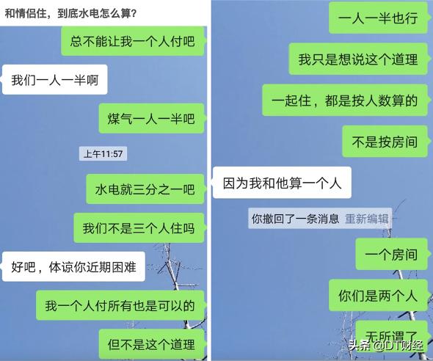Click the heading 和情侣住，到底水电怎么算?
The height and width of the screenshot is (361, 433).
pos(70,13)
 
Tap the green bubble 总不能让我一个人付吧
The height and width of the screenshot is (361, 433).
pos(134,41)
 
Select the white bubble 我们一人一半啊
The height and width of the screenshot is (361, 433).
pos(54,80)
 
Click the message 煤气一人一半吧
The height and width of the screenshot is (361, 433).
pos(152,118)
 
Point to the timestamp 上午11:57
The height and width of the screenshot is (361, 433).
pos(103,154)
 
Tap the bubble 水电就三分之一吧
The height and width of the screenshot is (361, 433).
pos(146,189)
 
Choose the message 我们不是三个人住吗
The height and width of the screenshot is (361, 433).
pos(139,228)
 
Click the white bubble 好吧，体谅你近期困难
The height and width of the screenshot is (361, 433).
pos(73,267)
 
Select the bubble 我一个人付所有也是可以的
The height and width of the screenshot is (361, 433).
pos(121,305)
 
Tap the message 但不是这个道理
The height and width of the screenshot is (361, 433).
pos(152,344)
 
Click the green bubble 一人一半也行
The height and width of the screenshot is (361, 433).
pos(379,18)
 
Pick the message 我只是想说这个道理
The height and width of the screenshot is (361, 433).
pos(359,59)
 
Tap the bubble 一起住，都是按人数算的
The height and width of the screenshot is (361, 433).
pos(346,101)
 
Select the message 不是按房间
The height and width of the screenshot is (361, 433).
pos(386,142)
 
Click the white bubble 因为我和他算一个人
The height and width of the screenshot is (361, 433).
pos(282,183)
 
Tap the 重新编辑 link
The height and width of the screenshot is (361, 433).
pos(367,219)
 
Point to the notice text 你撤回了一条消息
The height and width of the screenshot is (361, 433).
pos(295,219)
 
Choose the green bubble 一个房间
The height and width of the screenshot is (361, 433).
pos(393,254)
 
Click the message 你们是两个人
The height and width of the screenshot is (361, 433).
pos(379,295)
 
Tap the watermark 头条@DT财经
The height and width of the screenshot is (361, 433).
pos(386,345)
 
